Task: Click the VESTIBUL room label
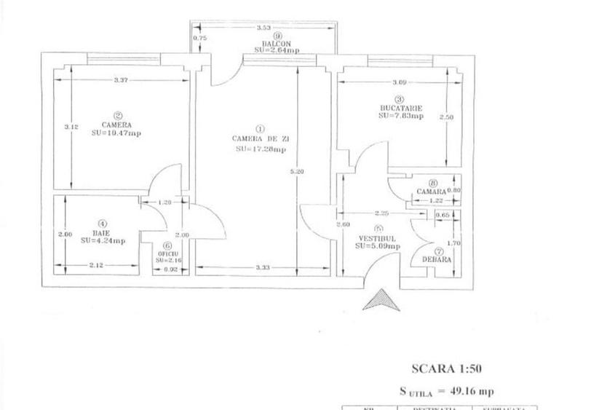[x=376, y=238]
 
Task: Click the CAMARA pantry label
[x=431, y=192]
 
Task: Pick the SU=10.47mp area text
[x=116, y=133]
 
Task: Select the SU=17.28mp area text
[x=261, y=149]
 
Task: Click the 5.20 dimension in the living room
[x=291, y=173]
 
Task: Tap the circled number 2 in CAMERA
[x=117, y=114]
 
